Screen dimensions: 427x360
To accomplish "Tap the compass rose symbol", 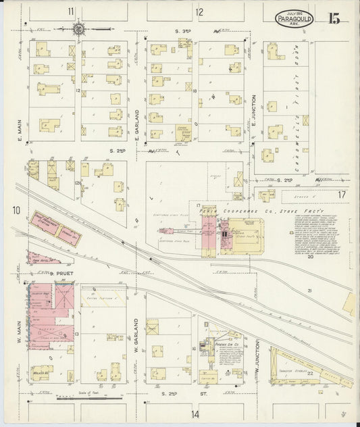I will click(78, 29).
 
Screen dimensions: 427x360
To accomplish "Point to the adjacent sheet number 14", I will click(196, 413).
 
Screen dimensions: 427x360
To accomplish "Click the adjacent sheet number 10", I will click(15, 211).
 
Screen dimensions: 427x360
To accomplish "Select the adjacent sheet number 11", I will click(71, 11).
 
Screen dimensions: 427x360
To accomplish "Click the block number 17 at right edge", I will click(342, 195).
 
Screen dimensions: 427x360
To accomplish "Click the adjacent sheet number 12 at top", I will click(199, 11).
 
